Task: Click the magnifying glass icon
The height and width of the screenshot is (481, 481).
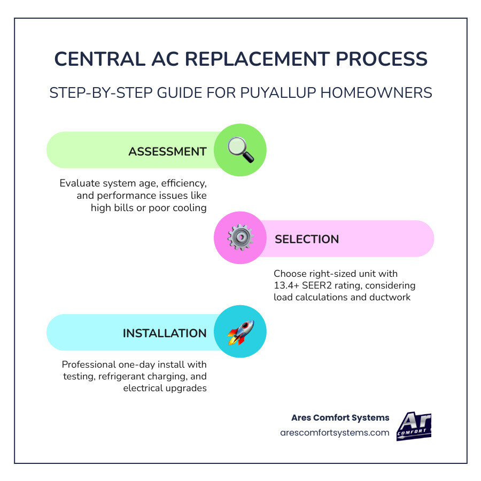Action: [241, 150]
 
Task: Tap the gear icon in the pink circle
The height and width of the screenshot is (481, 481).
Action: [240, 238]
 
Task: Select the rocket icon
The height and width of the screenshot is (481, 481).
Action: [241, 332]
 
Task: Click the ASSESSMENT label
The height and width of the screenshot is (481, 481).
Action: [167, 151]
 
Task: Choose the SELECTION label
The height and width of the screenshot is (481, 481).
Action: [307, 239]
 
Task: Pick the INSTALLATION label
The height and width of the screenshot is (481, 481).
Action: [165, 333]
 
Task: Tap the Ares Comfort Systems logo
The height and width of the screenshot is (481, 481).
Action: [414, 426]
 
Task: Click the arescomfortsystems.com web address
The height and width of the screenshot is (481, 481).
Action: [335, 432]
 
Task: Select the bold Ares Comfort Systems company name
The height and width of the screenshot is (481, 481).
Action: [340, 417]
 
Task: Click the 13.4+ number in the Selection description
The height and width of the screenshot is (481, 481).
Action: [286, 285]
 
